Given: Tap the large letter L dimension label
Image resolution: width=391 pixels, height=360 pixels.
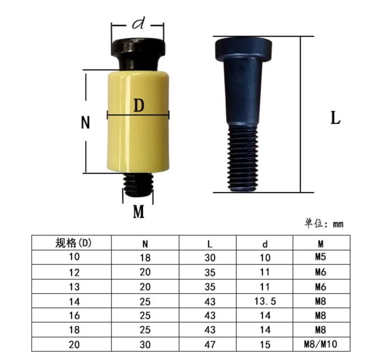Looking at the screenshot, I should (335, 118).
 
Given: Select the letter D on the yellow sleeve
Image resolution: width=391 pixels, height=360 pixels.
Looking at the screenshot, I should (139, 106).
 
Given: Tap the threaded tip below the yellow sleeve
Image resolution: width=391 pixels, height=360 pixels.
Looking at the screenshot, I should (138, 185).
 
